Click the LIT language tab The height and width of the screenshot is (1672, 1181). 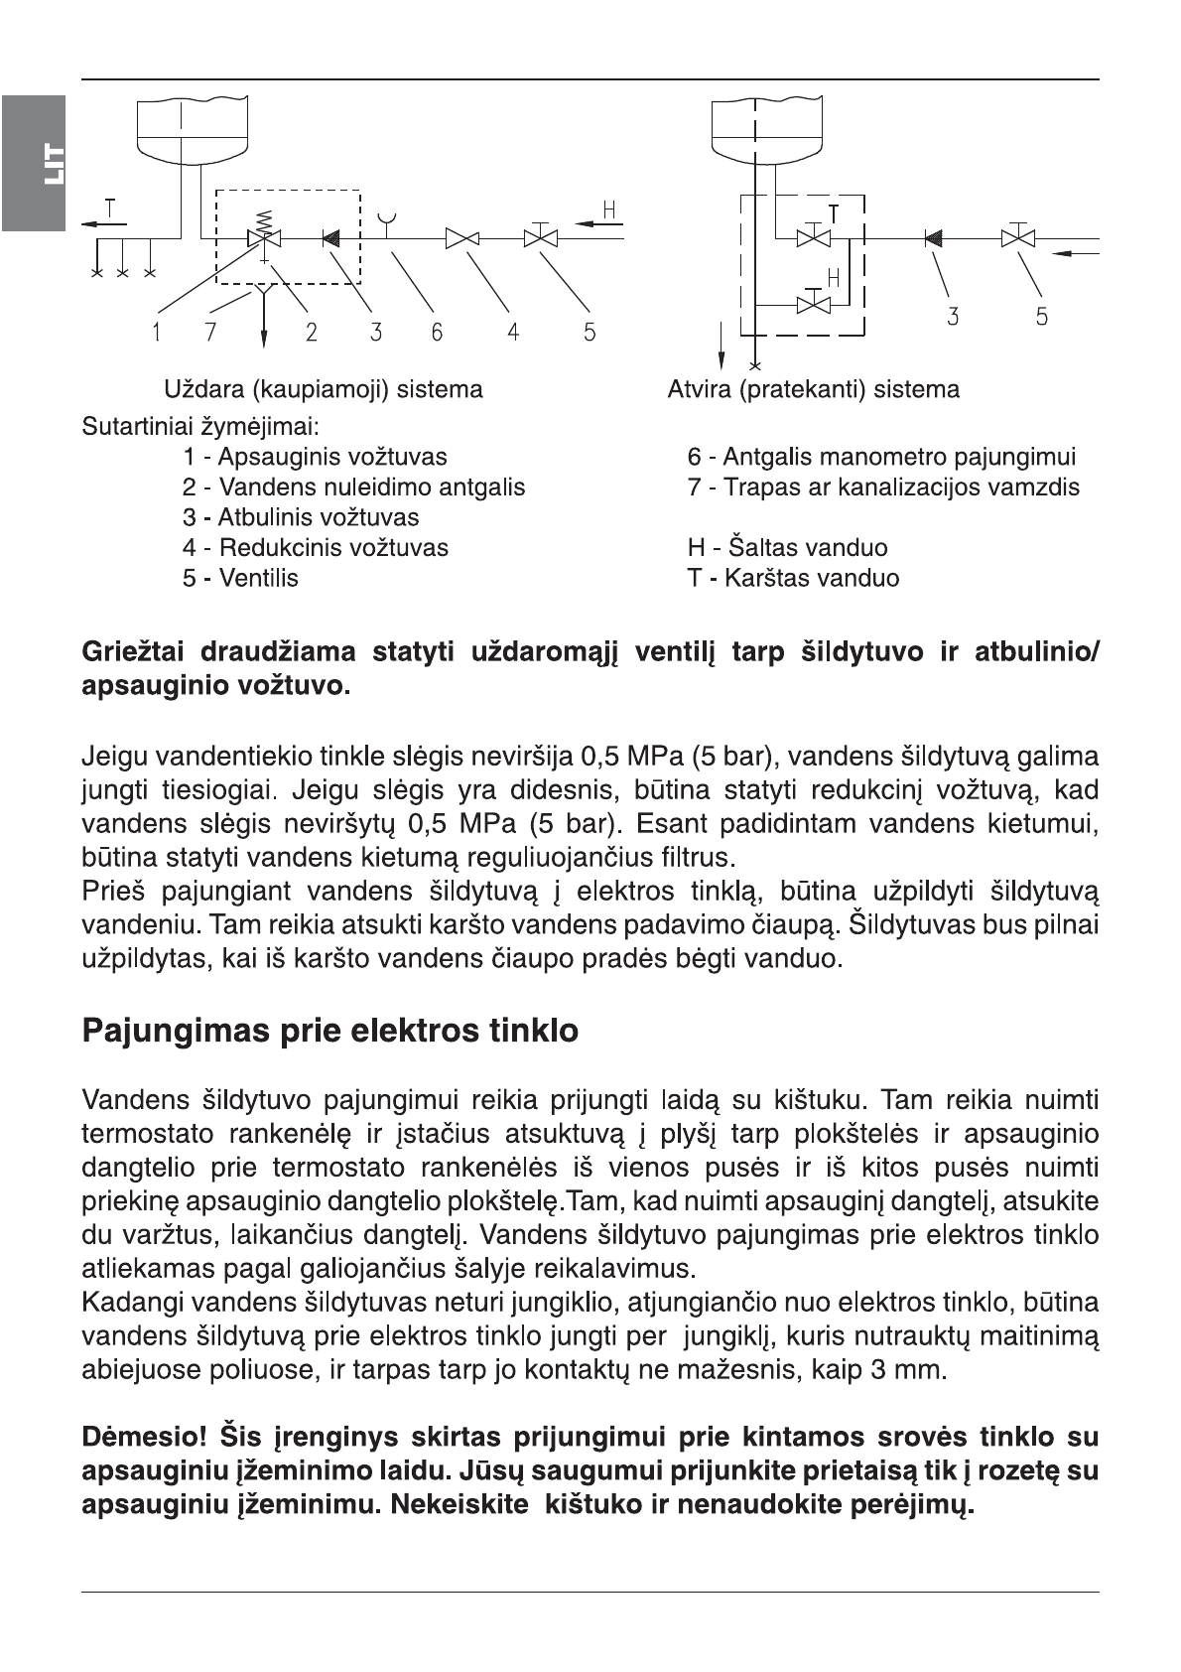[x=34, y=163]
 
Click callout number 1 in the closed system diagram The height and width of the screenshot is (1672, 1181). [x=156, y=332]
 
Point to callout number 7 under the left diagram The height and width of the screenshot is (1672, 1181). [x=210, y=332]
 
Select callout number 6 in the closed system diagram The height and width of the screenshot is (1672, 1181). [x=437, y=332]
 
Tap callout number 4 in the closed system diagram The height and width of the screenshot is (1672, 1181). [x=513, y=332]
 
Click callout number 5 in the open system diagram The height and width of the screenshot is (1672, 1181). [x=1041, y=317]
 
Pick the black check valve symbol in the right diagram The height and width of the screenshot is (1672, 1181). [x=933, y=238]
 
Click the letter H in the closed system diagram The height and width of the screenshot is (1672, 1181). [x=609, y=209]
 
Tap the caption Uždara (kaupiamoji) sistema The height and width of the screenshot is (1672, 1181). [x=324, y=389]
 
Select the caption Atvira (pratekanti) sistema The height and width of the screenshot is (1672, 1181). [x=813, y=389]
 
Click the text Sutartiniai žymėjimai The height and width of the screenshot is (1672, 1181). [x=199, y=428]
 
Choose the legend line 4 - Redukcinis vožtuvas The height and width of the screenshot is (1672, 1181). [x=315, y=548]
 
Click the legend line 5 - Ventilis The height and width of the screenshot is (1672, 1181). [x=239, y=578]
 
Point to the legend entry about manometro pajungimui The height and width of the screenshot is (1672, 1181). [x=880, y=458]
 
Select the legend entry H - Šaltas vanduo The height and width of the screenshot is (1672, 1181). [x=787, y=548]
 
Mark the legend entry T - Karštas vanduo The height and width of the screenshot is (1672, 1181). [x=793, y=578]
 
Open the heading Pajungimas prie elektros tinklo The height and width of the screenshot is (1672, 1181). [x=329, y=1031]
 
